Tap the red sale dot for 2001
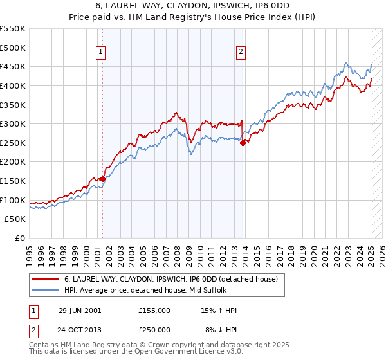pos(103,179)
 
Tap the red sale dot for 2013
pos(243,143)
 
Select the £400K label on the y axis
pos(14,85)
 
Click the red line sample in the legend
pos(45,279)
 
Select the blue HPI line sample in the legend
pos(45,290)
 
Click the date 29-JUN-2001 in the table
pos(80,310)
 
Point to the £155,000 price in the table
pos(154,310)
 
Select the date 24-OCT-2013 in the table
pos(80,329)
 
